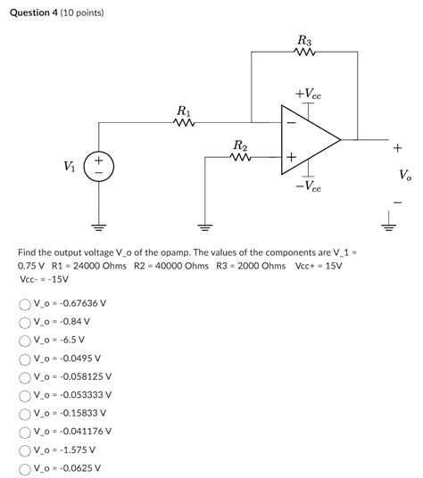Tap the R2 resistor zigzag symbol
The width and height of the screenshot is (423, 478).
tap(240, 158)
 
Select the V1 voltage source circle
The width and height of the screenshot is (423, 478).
tap(98, 167)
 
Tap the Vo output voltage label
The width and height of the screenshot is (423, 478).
tap(406, 176)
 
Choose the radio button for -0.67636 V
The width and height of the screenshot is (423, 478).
tap(25, 304)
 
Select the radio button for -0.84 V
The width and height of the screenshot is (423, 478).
tap(25, 322)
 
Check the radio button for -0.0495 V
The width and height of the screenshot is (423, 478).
tap(25, 358)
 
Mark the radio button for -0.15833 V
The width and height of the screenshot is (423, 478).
tap(25, 413)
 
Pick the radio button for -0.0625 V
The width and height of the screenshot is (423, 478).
tap(25, 467)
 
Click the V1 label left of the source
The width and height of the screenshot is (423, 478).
tap(68, 167)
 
